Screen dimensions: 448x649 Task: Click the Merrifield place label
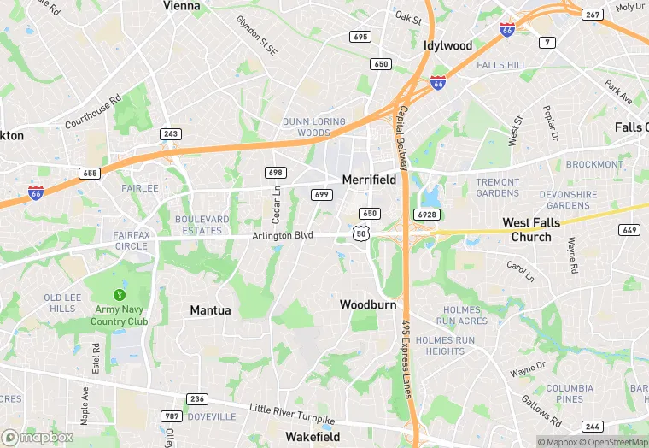(x=369, y=180)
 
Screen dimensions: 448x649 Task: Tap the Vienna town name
(x=181, y=6)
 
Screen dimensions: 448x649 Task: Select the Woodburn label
(x=368, y=304)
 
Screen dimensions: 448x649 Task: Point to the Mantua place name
(x=210, y=310)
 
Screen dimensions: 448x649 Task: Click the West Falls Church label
(x=532, y=230)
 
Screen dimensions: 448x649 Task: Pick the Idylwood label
(x=447, y=45)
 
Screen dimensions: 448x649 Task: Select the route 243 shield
(x=171, y=134)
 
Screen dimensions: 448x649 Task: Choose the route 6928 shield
(x=427, y=213)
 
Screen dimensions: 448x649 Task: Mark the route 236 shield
(x=197, y=399)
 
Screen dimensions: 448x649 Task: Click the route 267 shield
(x=593, y=15)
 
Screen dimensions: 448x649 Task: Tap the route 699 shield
(x=321, y=195)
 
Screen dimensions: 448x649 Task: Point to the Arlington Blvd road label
(x=283, y=236)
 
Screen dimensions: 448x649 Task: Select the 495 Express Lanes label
(x=407, y=359)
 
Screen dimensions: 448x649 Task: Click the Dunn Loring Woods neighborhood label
(x=313, y=127)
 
